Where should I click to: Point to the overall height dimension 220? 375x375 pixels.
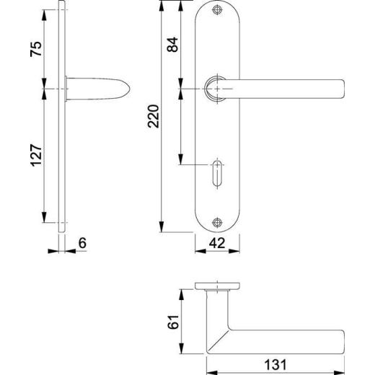[152, 116]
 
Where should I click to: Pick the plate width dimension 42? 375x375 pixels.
[216, 243]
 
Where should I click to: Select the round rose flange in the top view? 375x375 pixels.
[216, 284]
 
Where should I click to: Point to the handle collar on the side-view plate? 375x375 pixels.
[70, 87]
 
